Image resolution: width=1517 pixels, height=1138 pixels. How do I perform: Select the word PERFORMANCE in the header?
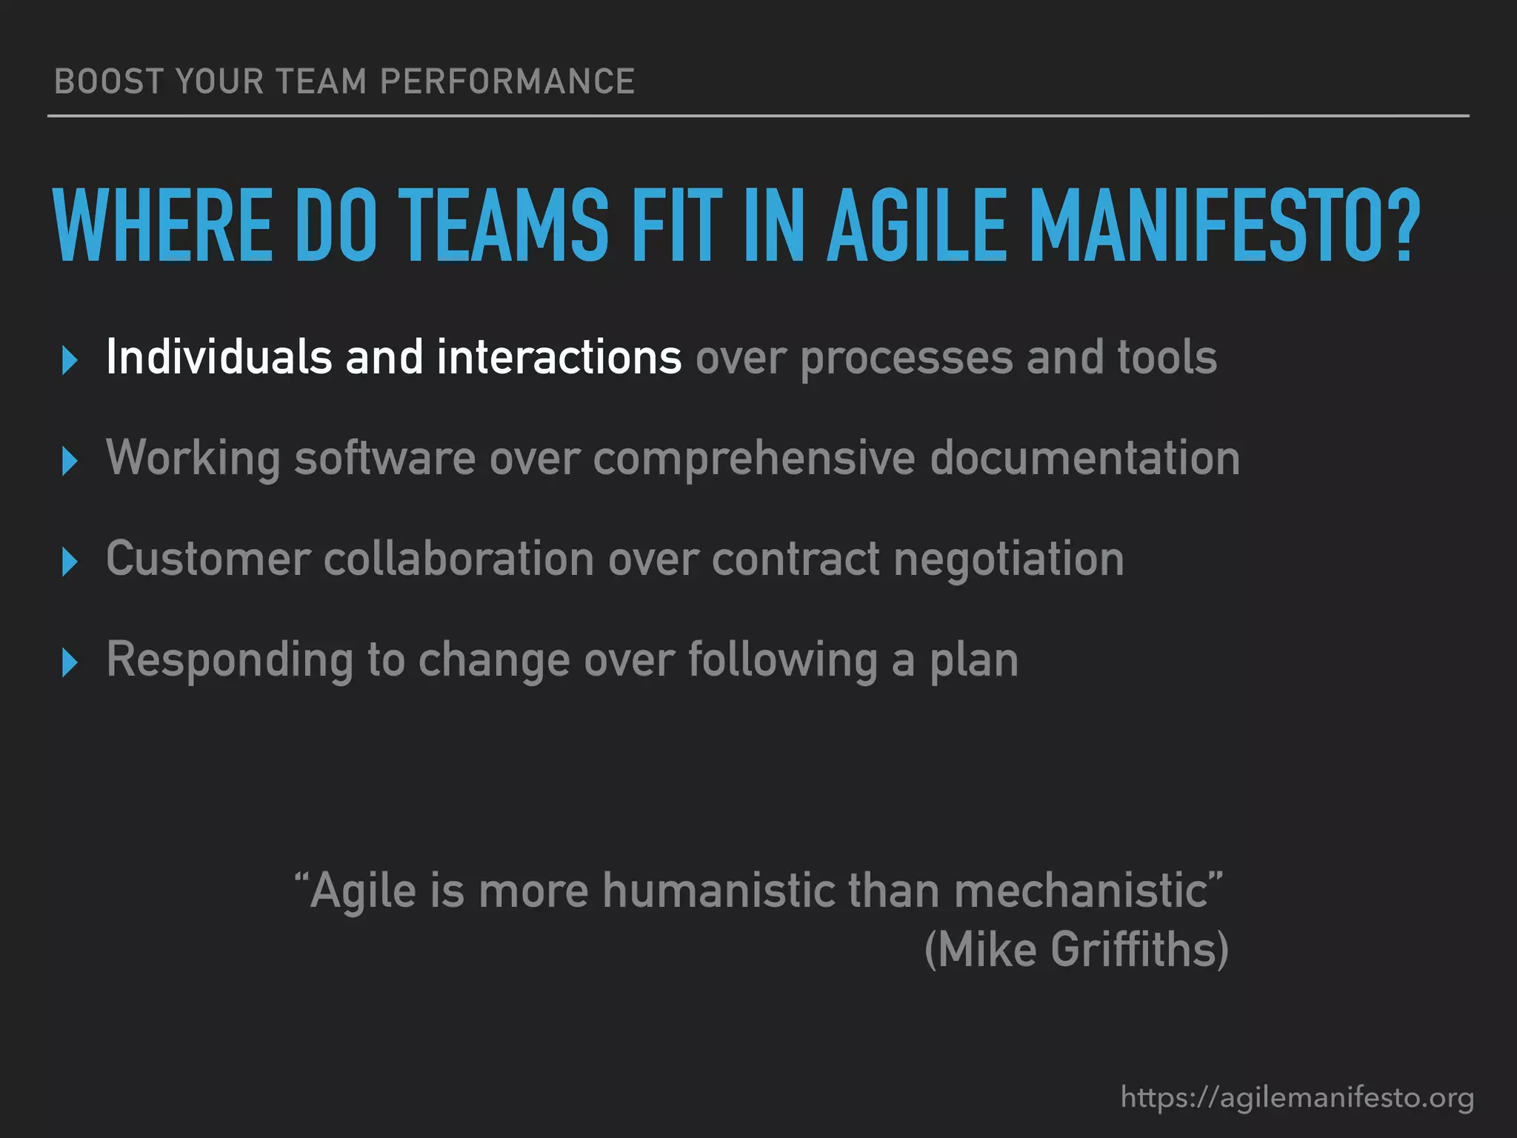point(507,81)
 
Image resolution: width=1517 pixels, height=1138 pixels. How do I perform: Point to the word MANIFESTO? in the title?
point(1225,225)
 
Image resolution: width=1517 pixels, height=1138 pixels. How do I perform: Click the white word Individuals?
point(219,357)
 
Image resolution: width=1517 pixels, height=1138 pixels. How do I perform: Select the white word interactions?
point(559,357)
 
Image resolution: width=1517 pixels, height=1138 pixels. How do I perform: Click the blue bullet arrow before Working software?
point(70,462)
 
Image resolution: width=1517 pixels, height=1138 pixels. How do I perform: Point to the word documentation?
point(1085,458)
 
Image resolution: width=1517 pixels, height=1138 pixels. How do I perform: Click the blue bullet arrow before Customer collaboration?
point(70,562)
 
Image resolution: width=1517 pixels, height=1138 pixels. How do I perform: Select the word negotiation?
point(1009,559)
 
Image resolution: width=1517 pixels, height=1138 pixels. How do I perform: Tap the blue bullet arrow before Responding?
point(70,662)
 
